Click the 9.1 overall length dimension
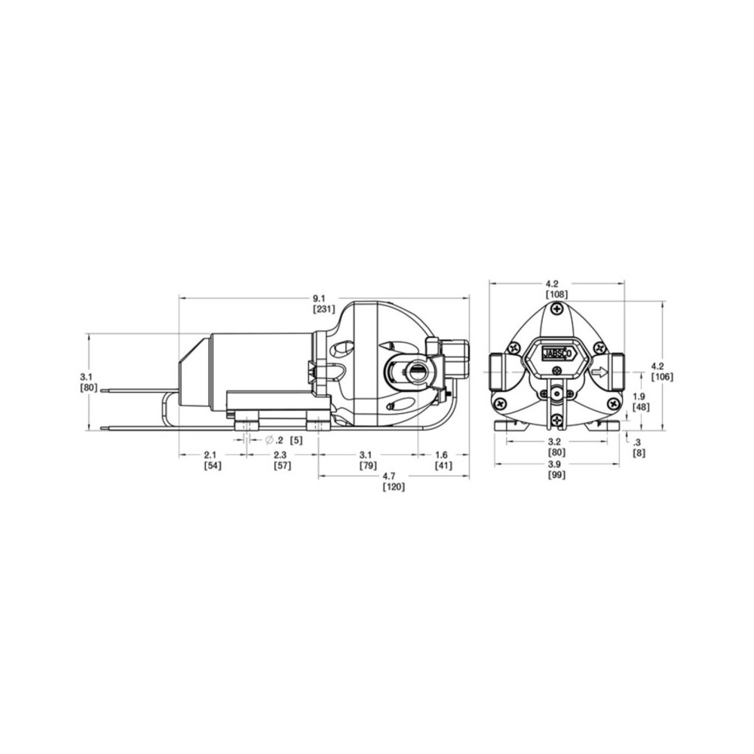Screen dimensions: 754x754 pyautogui.click(x=319, y=299)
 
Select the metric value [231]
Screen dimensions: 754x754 pyautogui.click(x=323, y=309)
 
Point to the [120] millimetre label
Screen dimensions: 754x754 pyautogui.click(x=394, y=486)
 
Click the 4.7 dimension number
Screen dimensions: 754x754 pyautogui.click(x=388, y=476)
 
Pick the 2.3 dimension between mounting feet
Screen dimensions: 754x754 pyautogui.click(x=280, y=455)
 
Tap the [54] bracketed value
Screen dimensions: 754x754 pyautogui.click(x=213, y=465)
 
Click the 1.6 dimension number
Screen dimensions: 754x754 pyautogui.click(x=441, y=455)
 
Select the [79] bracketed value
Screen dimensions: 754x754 pyautogui.click(x=369, y=465)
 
